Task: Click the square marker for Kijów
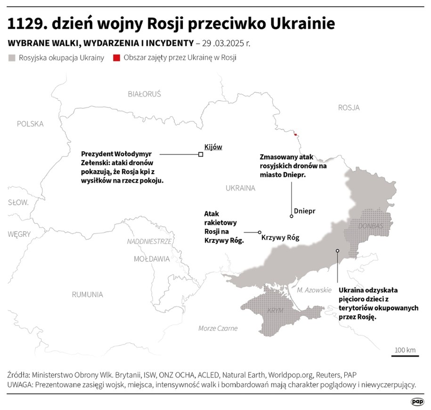point(201,154)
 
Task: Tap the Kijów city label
point(213,147)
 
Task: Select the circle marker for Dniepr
point(292,217)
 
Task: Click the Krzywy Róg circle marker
point(259,232)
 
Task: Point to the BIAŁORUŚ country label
point(144,94)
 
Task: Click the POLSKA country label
point(30,124)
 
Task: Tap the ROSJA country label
point(349,108)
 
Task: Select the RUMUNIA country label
point(87,295)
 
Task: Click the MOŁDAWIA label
point(152,259)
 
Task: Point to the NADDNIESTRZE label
point(149,241)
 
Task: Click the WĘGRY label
point(19,234)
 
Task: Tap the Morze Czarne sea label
point(218,328)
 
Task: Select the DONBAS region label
point(371,226)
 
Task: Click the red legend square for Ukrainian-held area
point(115,58)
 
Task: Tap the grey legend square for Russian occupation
point(12,58)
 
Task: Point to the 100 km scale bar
point(405,355)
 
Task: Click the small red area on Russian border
point(295,135)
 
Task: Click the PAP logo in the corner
point(417,402)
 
